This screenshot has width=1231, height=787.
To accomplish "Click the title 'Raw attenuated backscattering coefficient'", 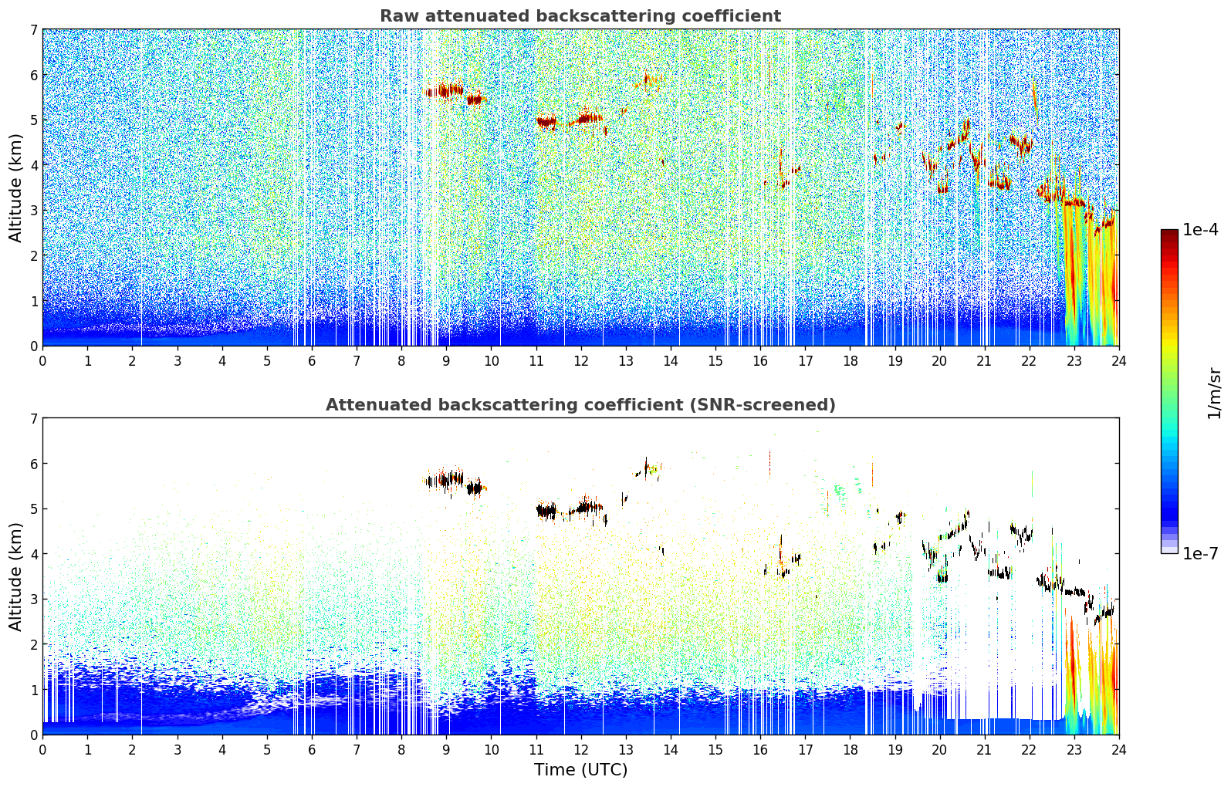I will [x=580, y=16].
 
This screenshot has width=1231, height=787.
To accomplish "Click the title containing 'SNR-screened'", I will [x=580, y=405].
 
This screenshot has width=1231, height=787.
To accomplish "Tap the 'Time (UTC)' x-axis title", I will [x=580, y=770].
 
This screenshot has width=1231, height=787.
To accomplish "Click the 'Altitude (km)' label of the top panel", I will [x=16, y=187].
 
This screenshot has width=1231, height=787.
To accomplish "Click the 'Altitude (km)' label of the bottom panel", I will [x=16, y=576].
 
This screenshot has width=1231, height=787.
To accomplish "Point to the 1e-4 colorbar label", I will [x=1200, y=230].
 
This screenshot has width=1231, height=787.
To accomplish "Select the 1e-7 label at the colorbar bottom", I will [x=1200, y=553].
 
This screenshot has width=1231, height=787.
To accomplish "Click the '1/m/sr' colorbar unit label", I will [x=1215, y=393].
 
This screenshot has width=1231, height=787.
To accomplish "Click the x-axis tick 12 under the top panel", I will [x=580, y=360].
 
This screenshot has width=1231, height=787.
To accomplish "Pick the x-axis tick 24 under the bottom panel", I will [x=1118, y=749].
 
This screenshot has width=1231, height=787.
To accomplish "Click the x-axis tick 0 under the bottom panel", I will [x=42, y=749].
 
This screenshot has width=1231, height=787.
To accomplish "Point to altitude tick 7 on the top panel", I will [x=33, y=30].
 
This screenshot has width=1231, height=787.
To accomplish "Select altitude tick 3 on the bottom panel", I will [x=33, y=600].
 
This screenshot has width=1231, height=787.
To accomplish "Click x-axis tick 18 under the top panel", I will [x=850, y=360].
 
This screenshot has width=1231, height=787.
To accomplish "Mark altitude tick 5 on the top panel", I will [x=33, y=120].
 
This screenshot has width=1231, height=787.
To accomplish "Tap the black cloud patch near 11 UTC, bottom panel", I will [x=546, y=510].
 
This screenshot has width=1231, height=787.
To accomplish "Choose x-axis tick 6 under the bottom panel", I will [x=312, y=749].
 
